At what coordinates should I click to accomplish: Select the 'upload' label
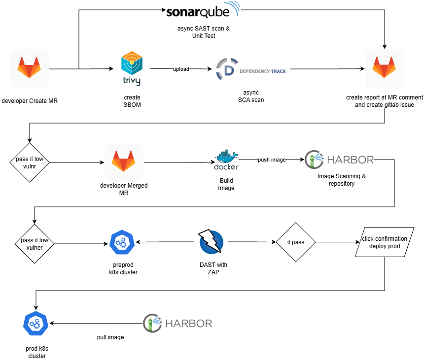click(x=181, y=69)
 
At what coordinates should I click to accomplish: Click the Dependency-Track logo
click(x=250, y=69)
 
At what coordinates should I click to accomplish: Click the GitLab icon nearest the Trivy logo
click(x=30, y=69)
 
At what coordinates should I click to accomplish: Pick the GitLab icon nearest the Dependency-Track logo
click(x=385, y=69)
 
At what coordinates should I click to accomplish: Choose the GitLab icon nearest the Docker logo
click(x=124, y=163)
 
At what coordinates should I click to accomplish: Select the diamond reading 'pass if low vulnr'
click(x=30, y=163)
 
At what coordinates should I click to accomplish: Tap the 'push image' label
click(x=272, y=160)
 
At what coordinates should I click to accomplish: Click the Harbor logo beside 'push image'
click(x=339, y=160)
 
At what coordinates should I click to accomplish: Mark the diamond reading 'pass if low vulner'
click(x=35, y=244)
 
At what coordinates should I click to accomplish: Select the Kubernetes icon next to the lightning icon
click(x=122, y=242)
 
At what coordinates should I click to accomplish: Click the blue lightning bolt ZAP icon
click(x=212, y=242)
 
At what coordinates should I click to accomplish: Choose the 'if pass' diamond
click(x=296, y=242)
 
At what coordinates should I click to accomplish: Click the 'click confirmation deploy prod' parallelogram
click(x=385, y=242)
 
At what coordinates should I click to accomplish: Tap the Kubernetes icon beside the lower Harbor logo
click(x=36, y=324)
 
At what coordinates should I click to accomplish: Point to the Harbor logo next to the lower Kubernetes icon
click(x=177, y=324)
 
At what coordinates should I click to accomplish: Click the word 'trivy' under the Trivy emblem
click(x=132, y=80)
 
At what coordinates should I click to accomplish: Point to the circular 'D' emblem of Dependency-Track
click(x=227, y=69)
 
